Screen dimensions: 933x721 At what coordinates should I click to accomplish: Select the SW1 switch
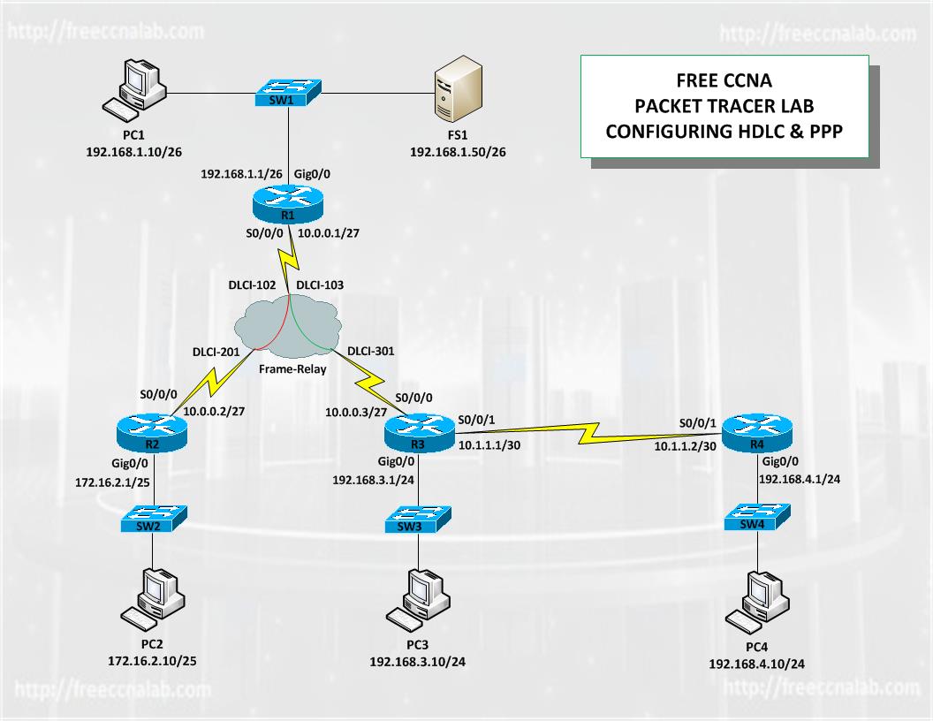click(x=289, y=93)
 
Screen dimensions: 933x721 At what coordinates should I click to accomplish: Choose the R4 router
click(x=757, y=432)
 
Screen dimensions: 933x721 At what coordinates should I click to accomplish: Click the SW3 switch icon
click(x=418, y=520)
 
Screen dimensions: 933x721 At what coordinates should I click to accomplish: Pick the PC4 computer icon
click(x=757, y=603)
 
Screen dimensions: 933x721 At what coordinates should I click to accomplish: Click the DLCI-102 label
click(x=253, y=285)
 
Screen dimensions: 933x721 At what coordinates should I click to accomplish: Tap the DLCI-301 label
click(x=371, y=351)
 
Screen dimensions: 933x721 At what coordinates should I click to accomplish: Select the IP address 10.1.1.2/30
click(x=686, y=446)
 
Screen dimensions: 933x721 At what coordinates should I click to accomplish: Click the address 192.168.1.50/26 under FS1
click(x=459, y=152)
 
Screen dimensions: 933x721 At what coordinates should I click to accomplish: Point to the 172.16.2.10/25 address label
click(x=152, y=661)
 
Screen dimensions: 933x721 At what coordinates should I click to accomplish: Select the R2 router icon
click(x=152, y=432)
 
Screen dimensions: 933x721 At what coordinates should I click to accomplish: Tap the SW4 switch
click(x=757, y=518)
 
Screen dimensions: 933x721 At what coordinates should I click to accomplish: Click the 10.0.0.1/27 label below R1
click(x=329, y=233)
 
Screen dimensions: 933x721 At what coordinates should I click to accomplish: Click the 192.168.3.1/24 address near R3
click(x=373, y=480)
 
